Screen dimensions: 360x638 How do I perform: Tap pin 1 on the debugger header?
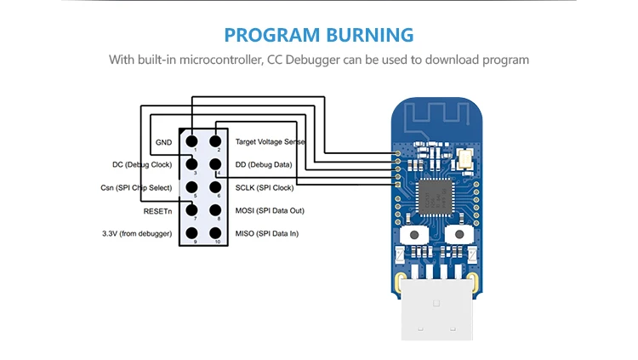pyautogui.click(x=192, y=141)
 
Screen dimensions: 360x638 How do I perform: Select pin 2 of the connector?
pyautogui.click(x=216, y=141)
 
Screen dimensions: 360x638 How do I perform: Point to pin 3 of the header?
pyautogui.click(x=192, y=164)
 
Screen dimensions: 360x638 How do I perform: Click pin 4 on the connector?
pyautogui.click(x=216, y=164)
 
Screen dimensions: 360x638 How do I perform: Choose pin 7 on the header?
pyautogui.click(x=192, y=210)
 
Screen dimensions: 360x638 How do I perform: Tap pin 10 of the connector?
pyautogui.click(x=216, y=233)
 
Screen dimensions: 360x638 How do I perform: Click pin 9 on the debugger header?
pyautogui.click(x=192, y=233)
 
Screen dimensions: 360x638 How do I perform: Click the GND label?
pyautogui.click(x=163, y=142)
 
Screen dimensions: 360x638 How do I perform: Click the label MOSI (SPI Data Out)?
pyautogui.click(x=270, y=210)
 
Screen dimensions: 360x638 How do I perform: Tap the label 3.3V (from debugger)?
pyautogui.click(x=136, y=233)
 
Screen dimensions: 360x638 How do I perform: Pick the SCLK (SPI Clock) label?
pyautogui.click(x=264, y=187)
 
